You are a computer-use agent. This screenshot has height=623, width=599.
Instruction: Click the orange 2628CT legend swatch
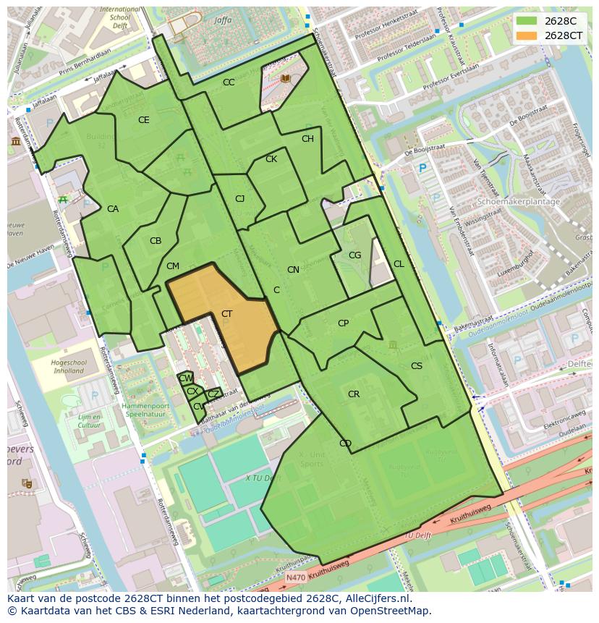(x=527, y=35)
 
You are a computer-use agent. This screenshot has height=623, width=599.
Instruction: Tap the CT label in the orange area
(x=227, y=313)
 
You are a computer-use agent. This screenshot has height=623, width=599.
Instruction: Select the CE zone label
(x=144, y=120)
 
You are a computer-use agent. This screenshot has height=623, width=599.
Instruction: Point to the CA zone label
(x=113, y=209)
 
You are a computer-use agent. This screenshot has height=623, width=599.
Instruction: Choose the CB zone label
(x=156, y=241)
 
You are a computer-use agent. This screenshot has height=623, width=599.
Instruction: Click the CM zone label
(x=172, y=266)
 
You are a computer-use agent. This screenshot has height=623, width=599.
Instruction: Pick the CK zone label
(x=271, y=159)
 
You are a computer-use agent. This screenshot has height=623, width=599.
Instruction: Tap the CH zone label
(x=307, y=139)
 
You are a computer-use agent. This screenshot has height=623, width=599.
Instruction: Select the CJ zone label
(x=239, y=199)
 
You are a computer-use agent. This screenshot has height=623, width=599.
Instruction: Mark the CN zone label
(x=293, y=270)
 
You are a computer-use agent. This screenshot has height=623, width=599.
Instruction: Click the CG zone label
(x=354, y=255)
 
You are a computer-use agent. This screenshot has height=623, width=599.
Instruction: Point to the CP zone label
(x=343, y=323)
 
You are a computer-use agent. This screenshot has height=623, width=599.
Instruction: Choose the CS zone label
(x=417, y=366)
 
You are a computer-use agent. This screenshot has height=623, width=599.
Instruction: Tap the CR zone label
(x=354, y=394)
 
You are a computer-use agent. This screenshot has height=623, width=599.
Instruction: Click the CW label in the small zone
(x=186, y=378)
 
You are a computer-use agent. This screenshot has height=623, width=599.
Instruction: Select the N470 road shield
(x=295, y=577)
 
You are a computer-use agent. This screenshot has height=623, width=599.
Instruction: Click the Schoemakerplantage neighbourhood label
(x=519, y=202)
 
